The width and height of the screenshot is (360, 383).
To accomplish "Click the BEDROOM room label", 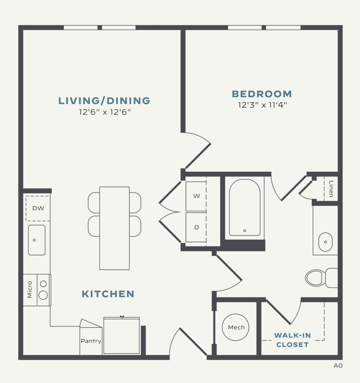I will click(x=262, y=94).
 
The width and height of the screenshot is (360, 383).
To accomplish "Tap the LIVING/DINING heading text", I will click(x=104, y=101).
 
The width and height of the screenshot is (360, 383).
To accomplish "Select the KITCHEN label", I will click(x=108, y=294).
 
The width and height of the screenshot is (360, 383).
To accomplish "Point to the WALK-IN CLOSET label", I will click(x=292, y=340).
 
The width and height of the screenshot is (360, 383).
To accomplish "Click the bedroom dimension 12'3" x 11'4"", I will click(x=262, y=105).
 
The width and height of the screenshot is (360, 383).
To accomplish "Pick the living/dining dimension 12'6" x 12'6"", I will click(x=104, y=111).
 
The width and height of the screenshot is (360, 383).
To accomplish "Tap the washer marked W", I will click(x=196, y=196).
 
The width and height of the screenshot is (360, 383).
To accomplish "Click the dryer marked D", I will click(x=196, y=227).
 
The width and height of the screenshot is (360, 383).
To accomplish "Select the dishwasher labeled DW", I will click(x=38, y=208).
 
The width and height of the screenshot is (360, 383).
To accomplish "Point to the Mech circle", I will click(x=236, y=327).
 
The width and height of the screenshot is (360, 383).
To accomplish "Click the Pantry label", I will click(x=91, y=341).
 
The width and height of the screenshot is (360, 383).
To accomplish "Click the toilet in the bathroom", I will click(x=318, y=278).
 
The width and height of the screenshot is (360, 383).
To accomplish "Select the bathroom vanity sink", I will click(x=325, y=242).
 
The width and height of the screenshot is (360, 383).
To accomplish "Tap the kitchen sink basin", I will click(x=37, y=240).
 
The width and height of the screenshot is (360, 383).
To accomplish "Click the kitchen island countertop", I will click(x=114, y=228).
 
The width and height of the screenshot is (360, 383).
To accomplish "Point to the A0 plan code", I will click(x=338, y=366).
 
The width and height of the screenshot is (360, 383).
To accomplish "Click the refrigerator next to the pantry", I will click(x=121, y=336).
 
